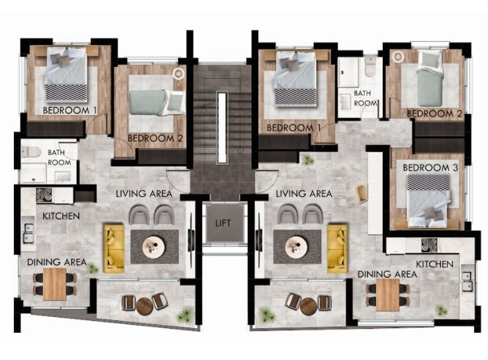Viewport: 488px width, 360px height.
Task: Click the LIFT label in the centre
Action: tap(223, 223)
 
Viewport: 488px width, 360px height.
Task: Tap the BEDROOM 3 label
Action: tap(430, 167)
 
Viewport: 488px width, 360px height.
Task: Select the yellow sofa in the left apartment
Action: tap(114, 249)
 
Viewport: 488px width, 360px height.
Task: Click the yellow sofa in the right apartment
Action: tap(338, 249)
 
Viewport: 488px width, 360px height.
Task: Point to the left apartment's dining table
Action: tap(55, 284)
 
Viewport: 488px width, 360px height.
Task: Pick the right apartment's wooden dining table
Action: tap(387, 295)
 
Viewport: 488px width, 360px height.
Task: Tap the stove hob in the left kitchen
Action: tap(44, 195)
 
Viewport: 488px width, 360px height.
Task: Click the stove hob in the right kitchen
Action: tap(430, 246)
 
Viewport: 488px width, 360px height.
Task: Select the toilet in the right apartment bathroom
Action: tap(370, 66)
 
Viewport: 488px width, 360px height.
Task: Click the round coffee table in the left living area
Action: tap(154, 247)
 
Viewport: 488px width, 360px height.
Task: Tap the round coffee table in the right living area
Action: tap(297, 247)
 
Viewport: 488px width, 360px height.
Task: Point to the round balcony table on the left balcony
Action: tap(144, 306)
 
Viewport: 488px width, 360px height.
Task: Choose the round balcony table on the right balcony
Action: tap(309, 306)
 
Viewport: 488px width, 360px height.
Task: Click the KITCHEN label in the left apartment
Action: tap(61, 216)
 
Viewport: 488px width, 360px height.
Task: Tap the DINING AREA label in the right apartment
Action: tap(387, 274)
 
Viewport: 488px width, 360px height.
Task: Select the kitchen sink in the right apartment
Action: tap(467, 281)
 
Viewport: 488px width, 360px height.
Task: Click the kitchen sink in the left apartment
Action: tap(29, 233)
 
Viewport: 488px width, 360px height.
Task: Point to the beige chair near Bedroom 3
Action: tap(362, 193)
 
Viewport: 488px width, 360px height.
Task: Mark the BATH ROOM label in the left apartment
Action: tap(59, 157)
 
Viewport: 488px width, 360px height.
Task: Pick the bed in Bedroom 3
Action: tap(428, 201)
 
